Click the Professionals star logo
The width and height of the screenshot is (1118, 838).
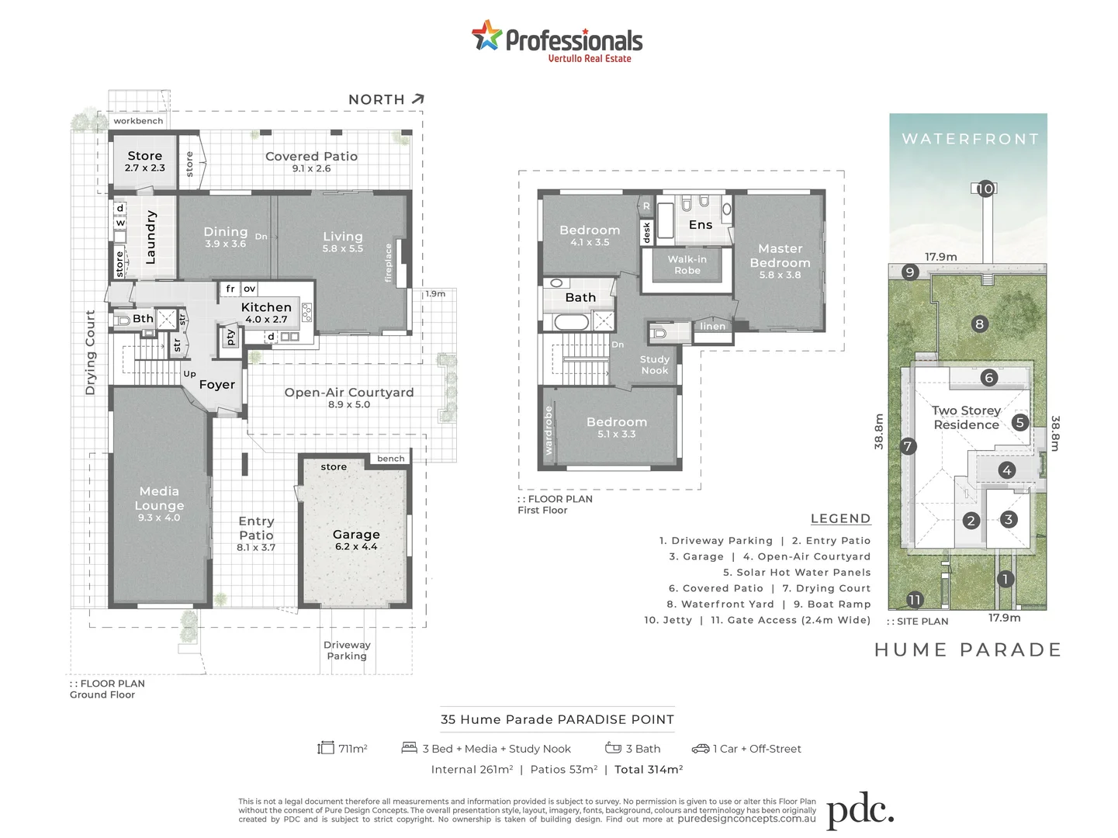click(x=486, y=36)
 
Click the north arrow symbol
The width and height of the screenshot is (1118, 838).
click(x=418, y=99)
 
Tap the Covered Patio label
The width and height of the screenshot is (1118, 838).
click(x=311, y=157)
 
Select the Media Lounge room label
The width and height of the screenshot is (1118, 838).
click(x=159, y=498)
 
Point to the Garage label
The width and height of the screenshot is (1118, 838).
click(x=356, y=535)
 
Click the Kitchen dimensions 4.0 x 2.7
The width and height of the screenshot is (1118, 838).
click(x=266, y=320)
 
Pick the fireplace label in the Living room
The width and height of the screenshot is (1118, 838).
click(x=389, y=263)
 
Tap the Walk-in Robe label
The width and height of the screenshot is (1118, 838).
click(x=687, y=265)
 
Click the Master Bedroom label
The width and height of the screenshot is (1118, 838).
click(x=780, y=256)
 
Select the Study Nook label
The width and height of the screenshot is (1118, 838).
click(x=655, y=365)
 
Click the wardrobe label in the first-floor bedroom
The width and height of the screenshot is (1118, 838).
click(x=549, y=431)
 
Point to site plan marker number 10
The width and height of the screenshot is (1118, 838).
click(x=985, y=189)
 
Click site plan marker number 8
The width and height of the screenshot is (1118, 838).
click(x=980, y=324)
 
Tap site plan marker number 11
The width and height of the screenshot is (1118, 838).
click(x=915, y=600)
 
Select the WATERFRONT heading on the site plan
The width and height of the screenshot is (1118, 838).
click(x=970, y=139)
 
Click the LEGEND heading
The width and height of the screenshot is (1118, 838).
click(x=840, y=519)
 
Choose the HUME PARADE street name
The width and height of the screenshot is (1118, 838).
click(x=967, y=650)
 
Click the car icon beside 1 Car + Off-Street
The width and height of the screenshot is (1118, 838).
click(x=700, y=749)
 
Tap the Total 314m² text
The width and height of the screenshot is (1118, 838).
click(x=649, y=770)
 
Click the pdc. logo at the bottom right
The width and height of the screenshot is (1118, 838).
click(x=860, y=812)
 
